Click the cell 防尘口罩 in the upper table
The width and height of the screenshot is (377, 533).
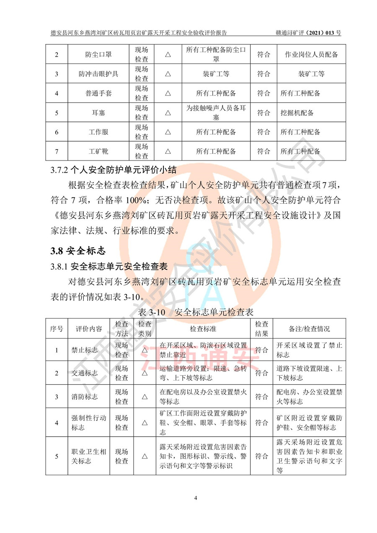point(98,55)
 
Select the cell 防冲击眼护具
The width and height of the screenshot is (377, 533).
point(98,74)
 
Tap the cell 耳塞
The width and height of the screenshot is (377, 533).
point(98,113)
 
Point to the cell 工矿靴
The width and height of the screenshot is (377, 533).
point(98,151)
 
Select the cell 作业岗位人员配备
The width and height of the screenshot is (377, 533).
point(311,55)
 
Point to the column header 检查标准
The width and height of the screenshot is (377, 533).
point(203,329)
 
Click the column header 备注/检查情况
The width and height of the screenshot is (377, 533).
point(309,329)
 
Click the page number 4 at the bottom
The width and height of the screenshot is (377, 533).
point(196,498)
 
